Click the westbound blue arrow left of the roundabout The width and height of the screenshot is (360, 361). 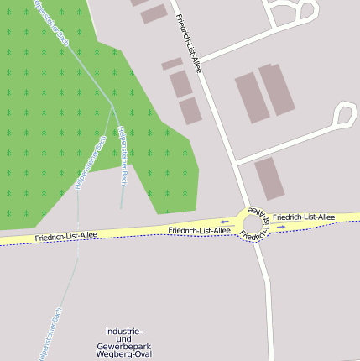(x=224, y=222)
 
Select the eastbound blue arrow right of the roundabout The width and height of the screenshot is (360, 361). (x=280, y=226)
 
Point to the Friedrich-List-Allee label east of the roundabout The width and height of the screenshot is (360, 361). (x=304, y=217)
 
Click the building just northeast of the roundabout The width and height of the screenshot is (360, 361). (x=269, y=178)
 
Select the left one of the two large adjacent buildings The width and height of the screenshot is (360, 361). (x=251, y=97)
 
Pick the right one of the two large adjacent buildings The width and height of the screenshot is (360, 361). (x=277, y=89)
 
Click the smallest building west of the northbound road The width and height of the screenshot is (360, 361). (x=172, y=64)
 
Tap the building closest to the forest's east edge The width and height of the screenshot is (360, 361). (x=190, y=111)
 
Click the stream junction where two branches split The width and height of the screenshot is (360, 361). (x=112, y=107)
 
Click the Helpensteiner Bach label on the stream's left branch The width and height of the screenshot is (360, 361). (x=91, y=161)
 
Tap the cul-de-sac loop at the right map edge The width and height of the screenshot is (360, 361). (x=344, y=115)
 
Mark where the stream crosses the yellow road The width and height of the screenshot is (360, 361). (x=78, y=236)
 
